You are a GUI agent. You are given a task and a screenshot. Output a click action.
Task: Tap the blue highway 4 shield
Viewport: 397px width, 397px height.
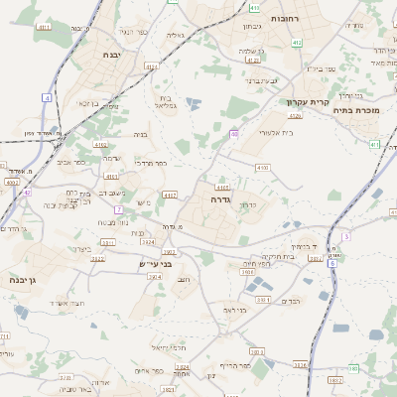click(x=47, y=97)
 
